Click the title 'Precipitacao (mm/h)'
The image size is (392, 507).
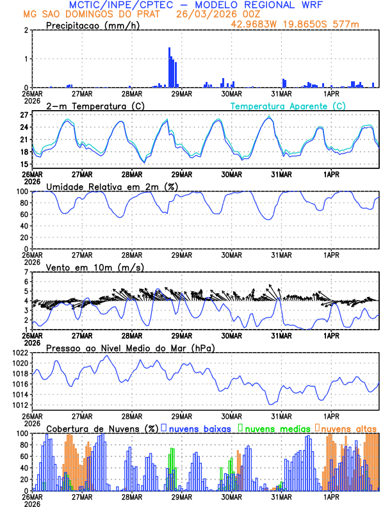[90, 25]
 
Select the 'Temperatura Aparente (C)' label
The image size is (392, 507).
[288, 106]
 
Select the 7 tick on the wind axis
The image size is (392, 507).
[26, 272]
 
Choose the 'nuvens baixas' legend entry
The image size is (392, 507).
[200, 428]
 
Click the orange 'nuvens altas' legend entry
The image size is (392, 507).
[348, 428]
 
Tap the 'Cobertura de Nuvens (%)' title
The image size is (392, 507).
[102, 428]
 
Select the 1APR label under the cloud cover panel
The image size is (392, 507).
[331, 496]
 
